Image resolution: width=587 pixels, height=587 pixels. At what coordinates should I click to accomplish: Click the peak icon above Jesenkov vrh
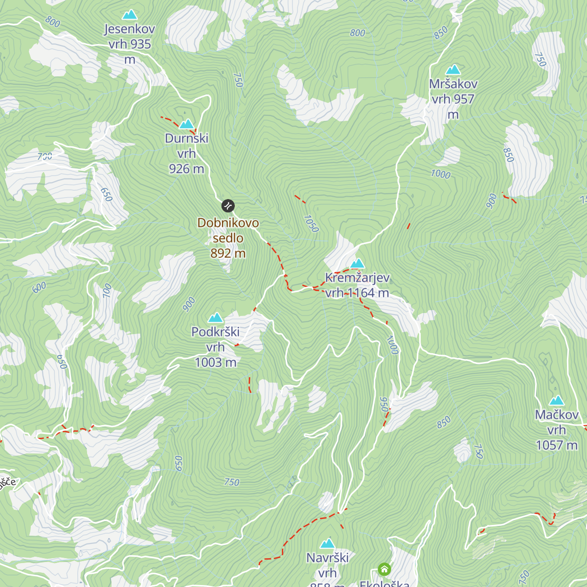tap(130, 15)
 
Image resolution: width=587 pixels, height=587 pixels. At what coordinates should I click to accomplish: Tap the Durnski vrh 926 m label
tap(186, 154)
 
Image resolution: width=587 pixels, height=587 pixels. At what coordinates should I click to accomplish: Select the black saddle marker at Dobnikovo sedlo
tap(228, 205)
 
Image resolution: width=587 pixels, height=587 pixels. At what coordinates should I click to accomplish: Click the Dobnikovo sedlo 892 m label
tap(228, 238)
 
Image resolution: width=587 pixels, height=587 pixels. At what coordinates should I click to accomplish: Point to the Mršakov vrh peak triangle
tap(453, 69)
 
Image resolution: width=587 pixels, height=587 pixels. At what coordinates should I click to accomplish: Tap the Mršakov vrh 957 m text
tap(453, 99)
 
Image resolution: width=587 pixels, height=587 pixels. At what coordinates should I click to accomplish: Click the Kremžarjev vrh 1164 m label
tap(357, 285)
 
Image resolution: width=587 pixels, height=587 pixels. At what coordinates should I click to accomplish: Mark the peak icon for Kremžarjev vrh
tap(358, 264)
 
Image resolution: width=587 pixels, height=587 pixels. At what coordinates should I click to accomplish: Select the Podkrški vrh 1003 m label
tap(215, 347)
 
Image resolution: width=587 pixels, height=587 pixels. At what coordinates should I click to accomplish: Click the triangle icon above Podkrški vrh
tap(215, 318)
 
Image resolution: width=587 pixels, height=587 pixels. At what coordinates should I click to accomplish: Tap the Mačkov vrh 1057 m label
tap(557, 430)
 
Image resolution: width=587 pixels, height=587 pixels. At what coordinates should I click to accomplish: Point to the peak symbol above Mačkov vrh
tap(557, 401)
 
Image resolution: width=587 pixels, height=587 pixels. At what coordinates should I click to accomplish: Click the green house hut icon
tap(384, 569)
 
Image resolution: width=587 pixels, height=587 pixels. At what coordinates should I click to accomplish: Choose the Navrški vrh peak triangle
tap(327, 543)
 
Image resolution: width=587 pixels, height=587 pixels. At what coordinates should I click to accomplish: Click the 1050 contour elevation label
tap(311, 224)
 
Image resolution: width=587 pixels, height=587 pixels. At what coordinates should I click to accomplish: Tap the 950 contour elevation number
tap(384, 405)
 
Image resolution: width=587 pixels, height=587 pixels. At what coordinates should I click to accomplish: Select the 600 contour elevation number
tap(39, 287)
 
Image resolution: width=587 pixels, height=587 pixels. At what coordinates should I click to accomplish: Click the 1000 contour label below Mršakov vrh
tap(440, 174)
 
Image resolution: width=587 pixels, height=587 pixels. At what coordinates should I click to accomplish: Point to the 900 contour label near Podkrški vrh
tap(189, 304)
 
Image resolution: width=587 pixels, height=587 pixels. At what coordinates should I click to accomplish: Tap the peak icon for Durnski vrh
tap(186, 124)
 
